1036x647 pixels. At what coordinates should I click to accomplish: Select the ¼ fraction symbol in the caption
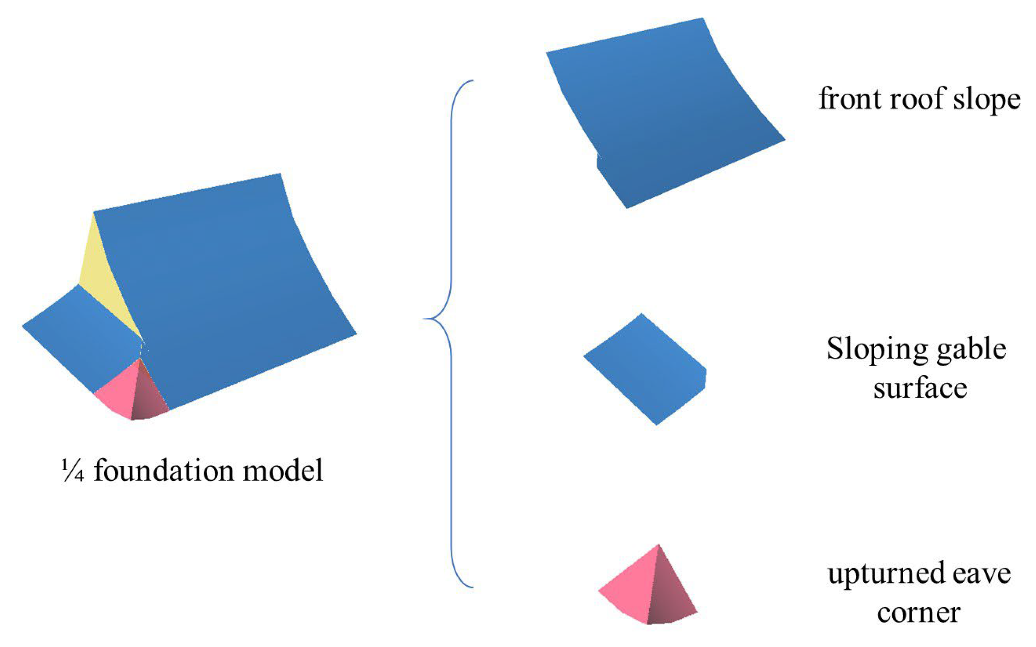tap(73, 471)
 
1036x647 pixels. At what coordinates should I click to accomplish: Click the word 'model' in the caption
tap(283, 471)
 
